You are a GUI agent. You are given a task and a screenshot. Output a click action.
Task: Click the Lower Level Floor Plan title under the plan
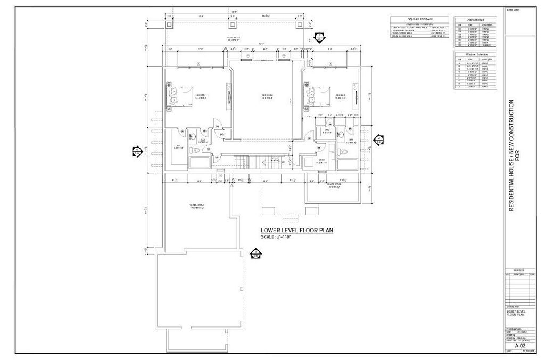coord(296,231)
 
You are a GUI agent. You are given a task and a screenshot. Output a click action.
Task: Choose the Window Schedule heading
coord(474,54)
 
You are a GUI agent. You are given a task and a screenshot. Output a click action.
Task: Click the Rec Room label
coord(267,96)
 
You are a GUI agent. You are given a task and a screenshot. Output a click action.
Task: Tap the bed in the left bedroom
coord(176,95)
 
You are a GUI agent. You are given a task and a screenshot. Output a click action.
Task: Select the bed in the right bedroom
coord(312,96)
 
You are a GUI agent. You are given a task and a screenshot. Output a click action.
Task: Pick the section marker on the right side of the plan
coord(378,140)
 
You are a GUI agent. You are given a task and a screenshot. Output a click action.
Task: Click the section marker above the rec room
coord(319,38)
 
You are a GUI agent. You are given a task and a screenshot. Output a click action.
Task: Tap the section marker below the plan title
coord(255,253)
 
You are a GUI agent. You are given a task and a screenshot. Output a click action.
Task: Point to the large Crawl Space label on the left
coord(197,206)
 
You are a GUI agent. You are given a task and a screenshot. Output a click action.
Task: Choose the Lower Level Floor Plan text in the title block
coord(517,313)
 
